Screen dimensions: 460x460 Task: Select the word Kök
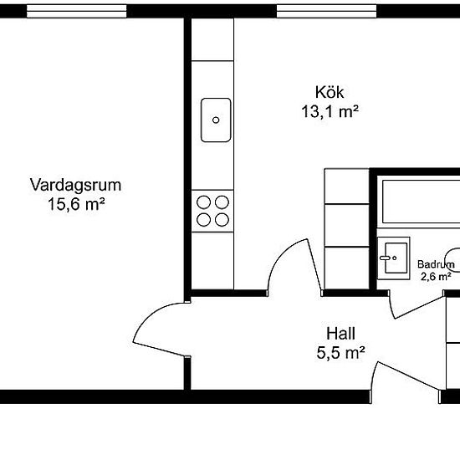pyautogui.click(x=330, y=92)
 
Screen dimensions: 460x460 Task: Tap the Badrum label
pyautogui.click(x=434, y=264)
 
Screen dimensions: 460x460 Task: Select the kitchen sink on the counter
pyautogui.click(x=215, y=120)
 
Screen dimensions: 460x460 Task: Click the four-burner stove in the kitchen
pyautogui.click(x=212, y=209)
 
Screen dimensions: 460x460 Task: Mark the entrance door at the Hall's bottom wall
pyautogui.click(x=401, y=381)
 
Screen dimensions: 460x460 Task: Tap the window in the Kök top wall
pyautogui.click(x=324, y=11)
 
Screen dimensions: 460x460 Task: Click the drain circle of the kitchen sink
pyautogui.click(x=215, y=120)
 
